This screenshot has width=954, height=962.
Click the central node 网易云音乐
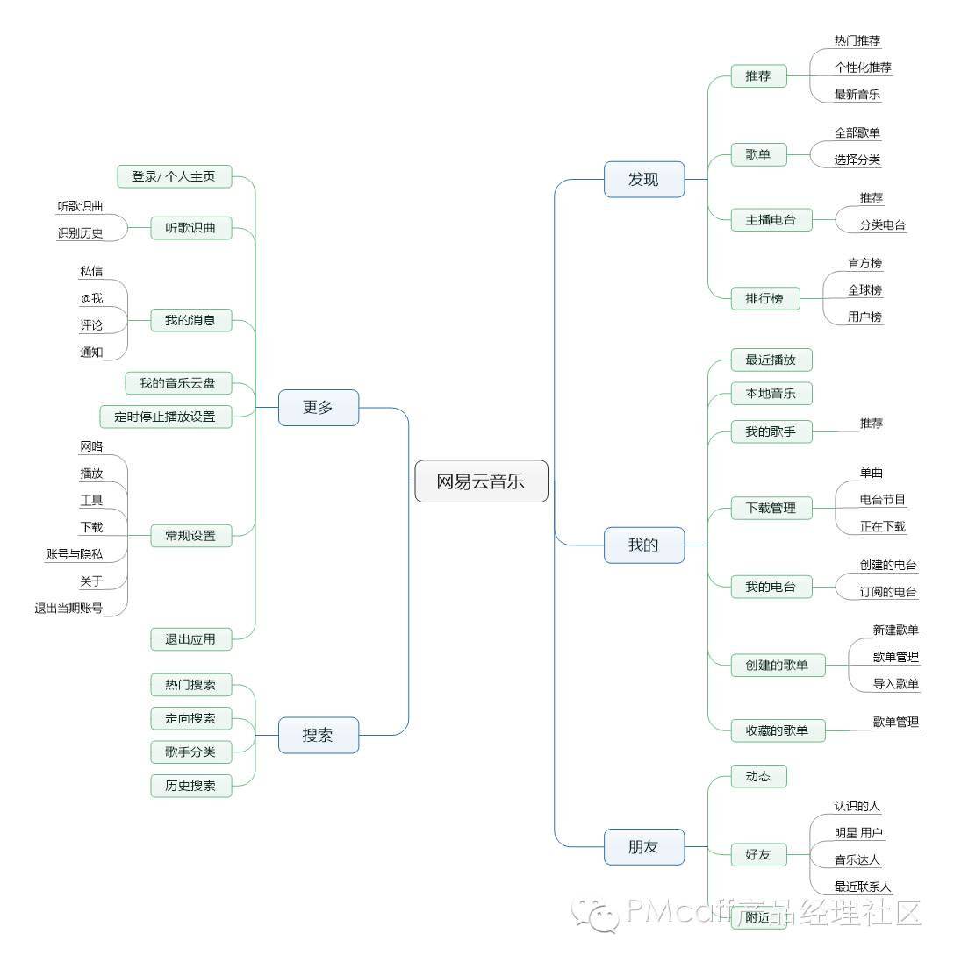tap(481, 481)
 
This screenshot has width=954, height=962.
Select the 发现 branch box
tap(643, 179)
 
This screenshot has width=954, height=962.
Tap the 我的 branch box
tap(643, 545)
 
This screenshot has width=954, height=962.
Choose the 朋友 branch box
tap(643, 846)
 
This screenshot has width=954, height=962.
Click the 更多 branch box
tap(319, 407)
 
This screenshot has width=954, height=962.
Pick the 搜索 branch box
tap(319, 735)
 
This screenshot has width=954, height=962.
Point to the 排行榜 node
tap(764, 298)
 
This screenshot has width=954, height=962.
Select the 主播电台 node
tap(771, 220)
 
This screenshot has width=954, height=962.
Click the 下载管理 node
tap(771, 507)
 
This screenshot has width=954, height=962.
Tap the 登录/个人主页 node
tap(174, 176)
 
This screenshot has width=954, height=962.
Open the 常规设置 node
tap(190, 535)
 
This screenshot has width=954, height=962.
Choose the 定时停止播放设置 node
tap(165, 416)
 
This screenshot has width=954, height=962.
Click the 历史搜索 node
tap(190, 786)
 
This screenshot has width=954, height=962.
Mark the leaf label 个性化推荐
tap(863, 68)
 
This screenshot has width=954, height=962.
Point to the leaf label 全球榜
tap(864, 290)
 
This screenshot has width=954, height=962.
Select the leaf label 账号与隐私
tap(75, 554)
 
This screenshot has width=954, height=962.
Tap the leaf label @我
tap(92, 298)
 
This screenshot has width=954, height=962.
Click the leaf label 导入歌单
tap(895, 684)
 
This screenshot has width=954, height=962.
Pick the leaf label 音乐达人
tap(857, 860)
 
